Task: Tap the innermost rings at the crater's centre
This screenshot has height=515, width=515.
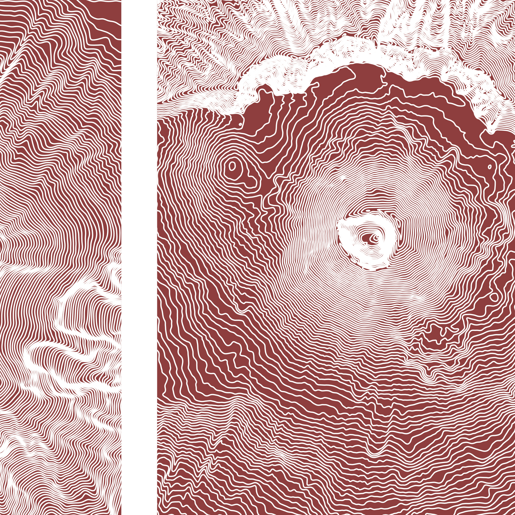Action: point(374,237)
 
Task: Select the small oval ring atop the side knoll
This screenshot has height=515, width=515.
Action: point(232,166)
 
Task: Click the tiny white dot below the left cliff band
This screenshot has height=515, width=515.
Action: point(240,124)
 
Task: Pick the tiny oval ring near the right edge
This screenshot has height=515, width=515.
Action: point(489,167)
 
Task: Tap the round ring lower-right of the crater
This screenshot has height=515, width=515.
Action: point(494,297)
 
